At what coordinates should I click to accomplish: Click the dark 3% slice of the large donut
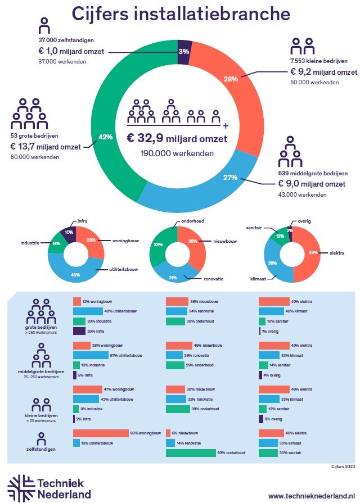(184, 52)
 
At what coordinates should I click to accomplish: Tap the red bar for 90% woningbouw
(101, 433)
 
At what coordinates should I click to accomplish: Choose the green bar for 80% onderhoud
(191, 453)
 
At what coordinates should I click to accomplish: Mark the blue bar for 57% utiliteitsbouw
(91, 355)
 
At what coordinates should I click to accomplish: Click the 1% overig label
(270, 331)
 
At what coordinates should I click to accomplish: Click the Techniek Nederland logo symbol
(20, 487)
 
